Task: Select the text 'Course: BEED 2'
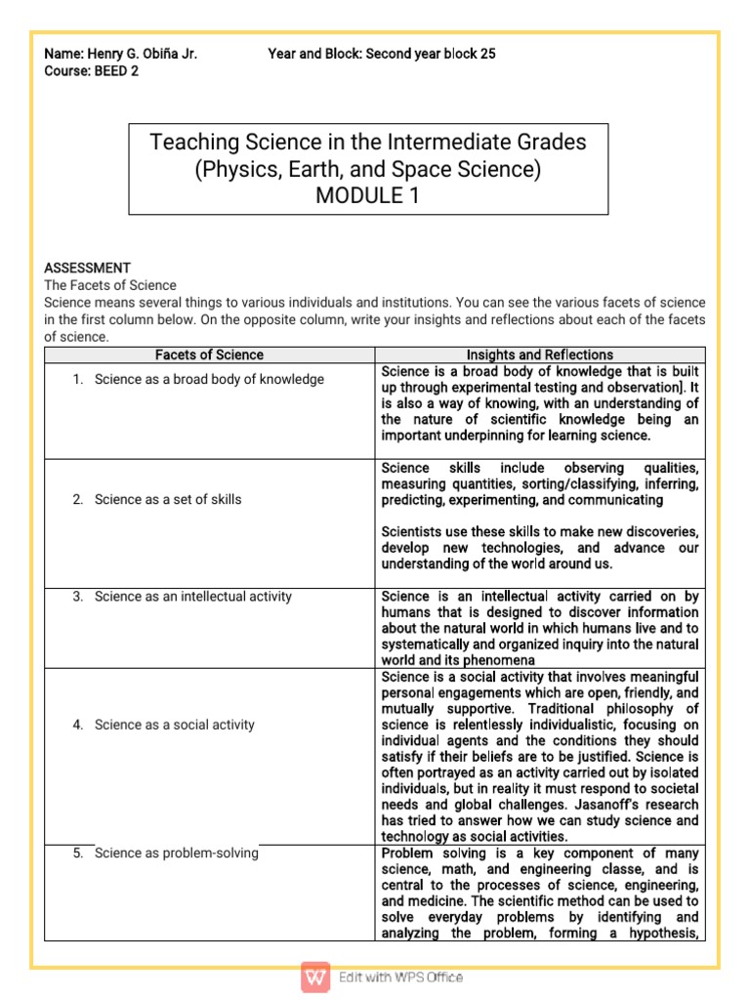92,71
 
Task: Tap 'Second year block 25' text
430,54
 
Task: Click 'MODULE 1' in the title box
368,195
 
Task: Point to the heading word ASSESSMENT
88,268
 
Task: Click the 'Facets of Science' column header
209,354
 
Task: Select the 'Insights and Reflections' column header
539,354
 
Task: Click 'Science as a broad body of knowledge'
209,379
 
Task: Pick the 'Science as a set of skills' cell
168,499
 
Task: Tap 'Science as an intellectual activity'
192,596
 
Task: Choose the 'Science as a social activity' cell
174,725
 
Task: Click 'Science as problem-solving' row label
176,853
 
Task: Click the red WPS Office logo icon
315,977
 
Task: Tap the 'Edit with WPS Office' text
400,977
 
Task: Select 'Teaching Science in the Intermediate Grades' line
368,143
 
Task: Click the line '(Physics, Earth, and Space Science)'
368,169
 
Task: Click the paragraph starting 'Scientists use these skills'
539,548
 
